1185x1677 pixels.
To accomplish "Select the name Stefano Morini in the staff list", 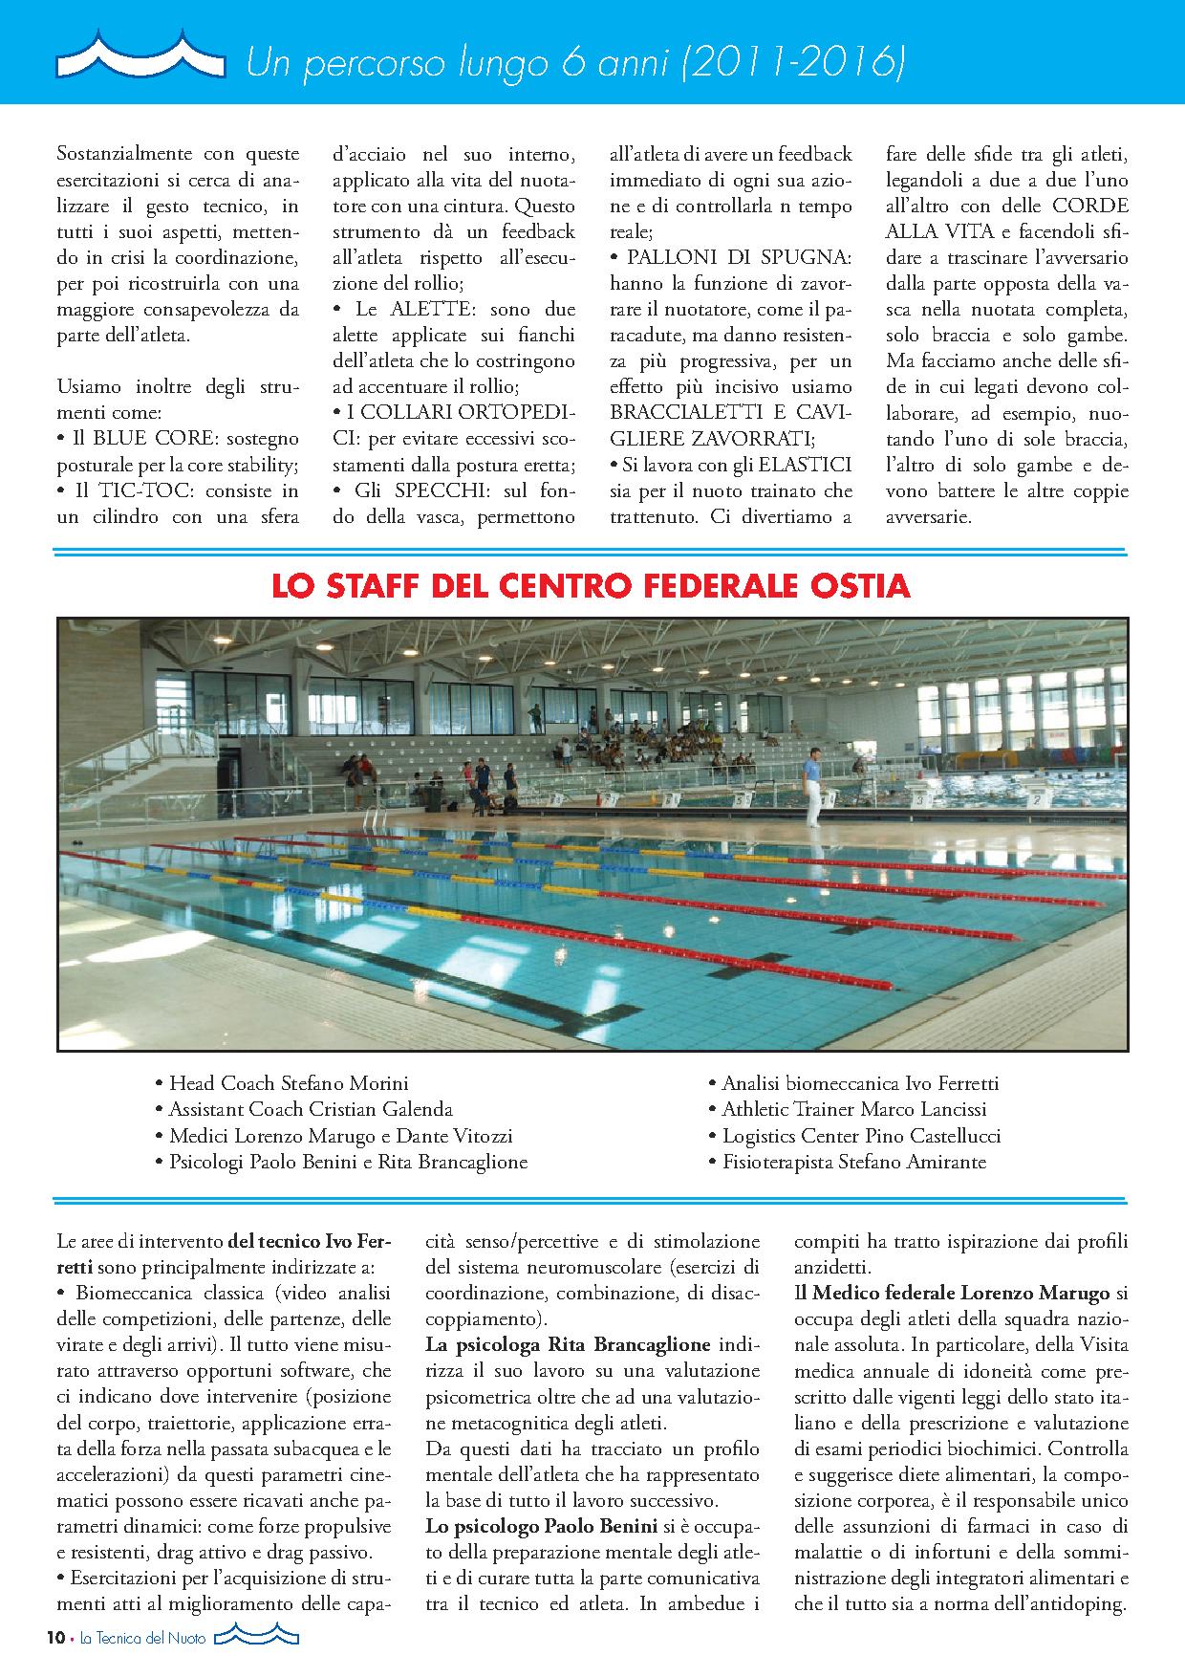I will point(344,1083).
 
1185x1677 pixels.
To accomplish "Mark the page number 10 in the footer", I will point(54,1638).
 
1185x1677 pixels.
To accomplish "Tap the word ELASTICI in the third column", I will point(805,465).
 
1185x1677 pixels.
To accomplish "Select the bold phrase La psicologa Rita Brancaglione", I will point(568,1344).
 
